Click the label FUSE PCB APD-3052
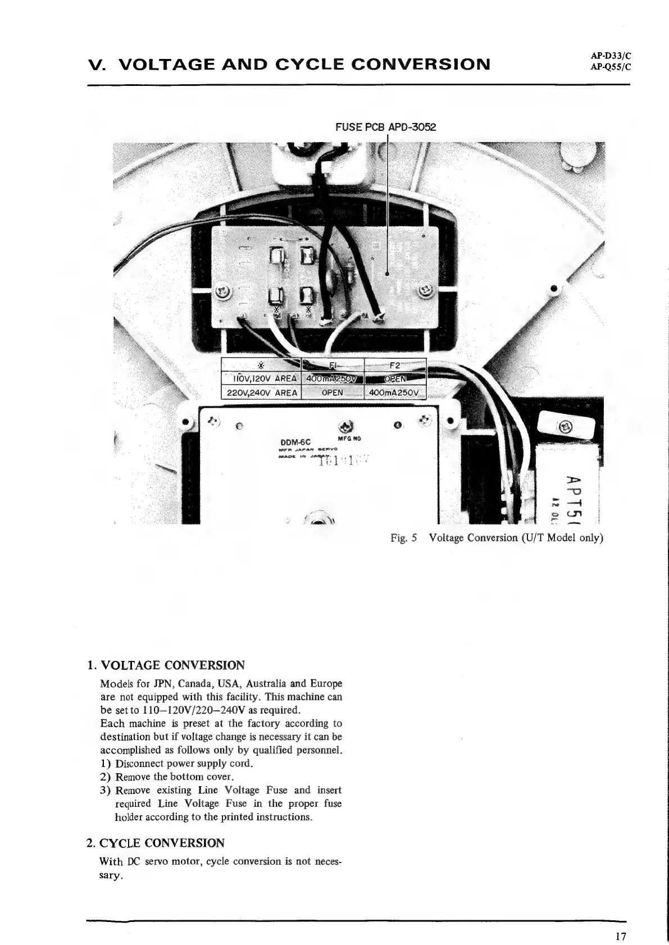coord(385,127)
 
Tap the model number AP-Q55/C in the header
coord(611,66)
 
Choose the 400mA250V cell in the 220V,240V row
coord(396,392)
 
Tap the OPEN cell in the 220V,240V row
coord(333,392)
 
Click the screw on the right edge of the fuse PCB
coord(425,291)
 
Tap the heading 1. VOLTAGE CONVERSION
coord(166,666)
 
